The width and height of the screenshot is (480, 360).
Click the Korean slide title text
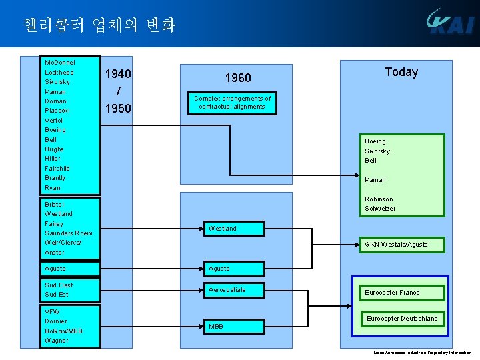coord(99,25)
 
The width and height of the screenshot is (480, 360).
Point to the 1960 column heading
coord(237,78)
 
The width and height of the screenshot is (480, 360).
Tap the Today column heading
coord(401,72)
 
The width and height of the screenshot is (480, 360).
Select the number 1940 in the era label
coord(118,73)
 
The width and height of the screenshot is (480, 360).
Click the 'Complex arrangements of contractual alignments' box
coord(232,103)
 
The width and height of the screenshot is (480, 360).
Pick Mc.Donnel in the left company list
coord(59,62)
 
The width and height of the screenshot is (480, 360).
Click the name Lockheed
coord(59,72)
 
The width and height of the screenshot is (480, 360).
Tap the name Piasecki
coord(57,110)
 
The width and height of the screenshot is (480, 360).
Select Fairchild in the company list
coord(57,168)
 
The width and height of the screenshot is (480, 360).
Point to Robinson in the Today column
coord(379,199)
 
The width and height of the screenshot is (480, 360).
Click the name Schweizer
coord(380,209)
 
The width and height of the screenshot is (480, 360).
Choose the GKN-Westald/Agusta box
coord(396,245)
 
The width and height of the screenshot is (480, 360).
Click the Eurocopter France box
coord(392,293)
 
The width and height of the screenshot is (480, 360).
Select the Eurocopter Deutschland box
coord(402,319)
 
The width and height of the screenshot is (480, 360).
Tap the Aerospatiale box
coord(227,290)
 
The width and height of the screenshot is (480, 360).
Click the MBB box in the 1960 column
coord(216,327)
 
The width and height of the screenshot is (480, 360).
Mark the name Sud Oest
coord(59,285)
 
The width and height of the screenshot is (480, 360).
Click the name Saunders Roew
coord(68,233)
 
